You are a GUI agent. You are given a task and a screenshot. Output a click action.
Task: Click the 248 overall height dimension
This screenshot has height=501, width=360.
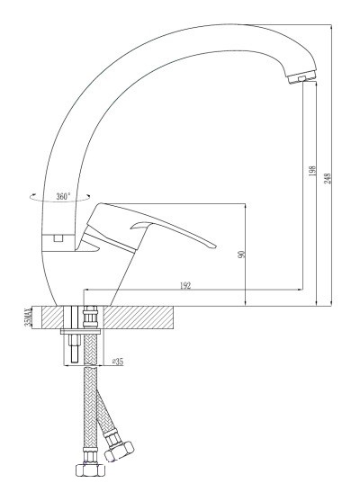pyautogui.click(x=328, y=178)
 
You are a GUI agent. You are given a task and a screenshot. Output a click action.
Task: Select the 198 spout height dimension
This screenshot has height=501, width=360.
pyautogui.click(x=312, y=171)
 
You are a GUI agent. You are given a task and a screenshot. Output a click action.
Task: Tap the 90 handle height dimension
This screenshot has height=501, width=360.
pyautogui.click(x=242, y=255)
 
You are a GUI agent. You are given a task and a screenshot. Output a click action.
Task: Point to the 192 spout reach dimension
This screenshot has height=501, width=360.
pyautogui.click(x=185, y=286)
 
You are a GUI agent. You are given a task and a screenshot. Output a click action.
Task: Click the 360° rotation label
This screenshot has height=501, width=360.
pyautogui.click(x=63, y=196)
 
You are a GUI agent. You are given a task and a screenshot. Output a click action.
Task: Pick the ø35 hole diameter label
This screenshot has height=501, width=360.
pyautogui.click(x=118, y=362)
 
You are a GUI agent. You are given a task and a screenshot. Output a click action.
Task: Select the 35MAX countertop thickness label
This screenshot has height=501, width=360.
pyautogui.click(x=29, y=318)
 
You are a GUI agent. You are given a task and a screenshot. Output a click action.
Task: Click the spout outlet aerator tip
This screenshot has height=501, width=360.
pyautogui.click(x=301, y=77)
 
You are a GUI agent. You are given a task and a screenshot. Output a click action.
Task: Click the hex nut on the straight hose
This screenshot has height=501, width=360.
pyautogui.click(x=91, y=470)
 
